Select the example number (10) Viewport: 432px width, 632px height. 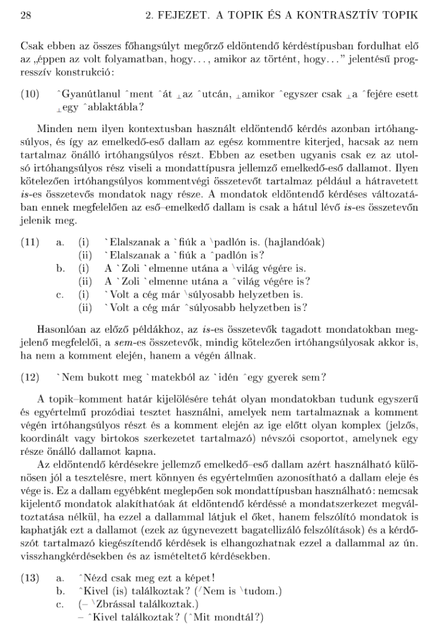click(29, 94)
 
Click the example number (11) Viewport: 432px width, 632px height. click(29, 243)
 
